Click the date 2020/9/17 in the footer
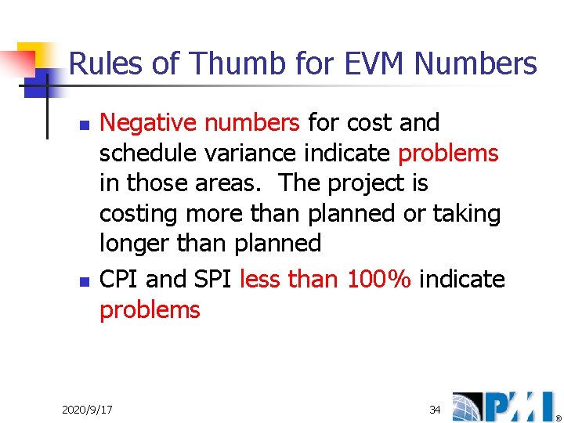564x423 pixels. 87,410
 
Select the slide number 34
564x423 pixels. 436,410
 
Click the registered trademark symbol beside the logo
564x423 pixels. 558,416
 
